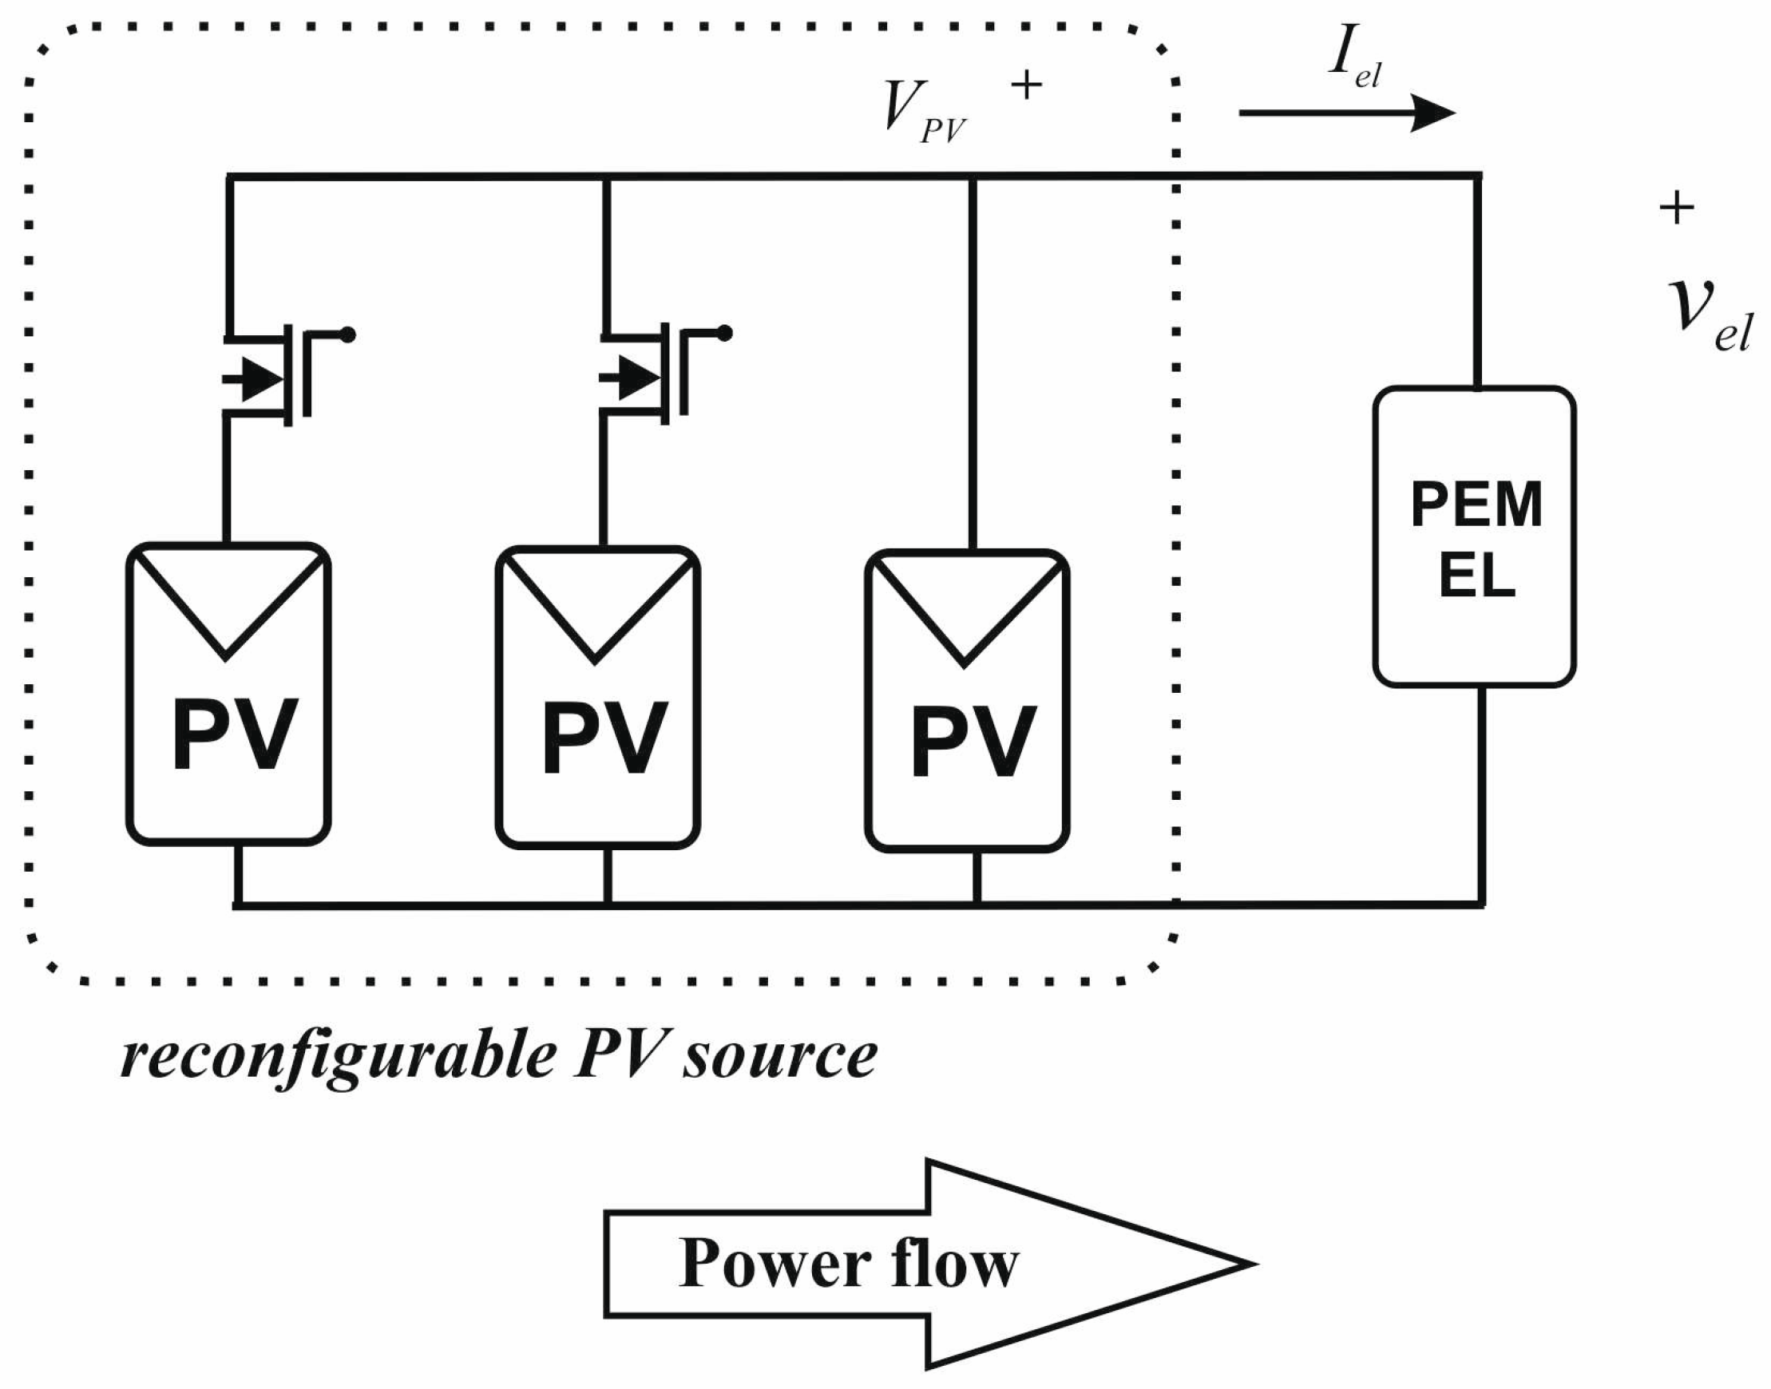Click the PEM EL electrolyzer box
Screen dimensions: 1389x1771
(x=1475, y=536)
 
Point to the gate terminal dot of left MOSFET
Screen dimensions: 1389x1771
(x=348, y=334)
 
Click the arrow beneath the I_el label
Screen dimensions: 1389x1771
(x=1346, y=113)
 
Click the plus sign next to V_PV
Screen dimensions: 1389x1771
(x=1027, y=85)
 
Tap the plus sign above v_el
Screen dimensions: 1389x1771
(x=1677, y=209)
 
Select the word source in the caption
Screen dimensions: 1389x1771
(x=779, y=1056)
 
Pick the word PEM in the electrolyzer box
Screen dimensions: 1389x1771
(x=1476, y=505)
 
